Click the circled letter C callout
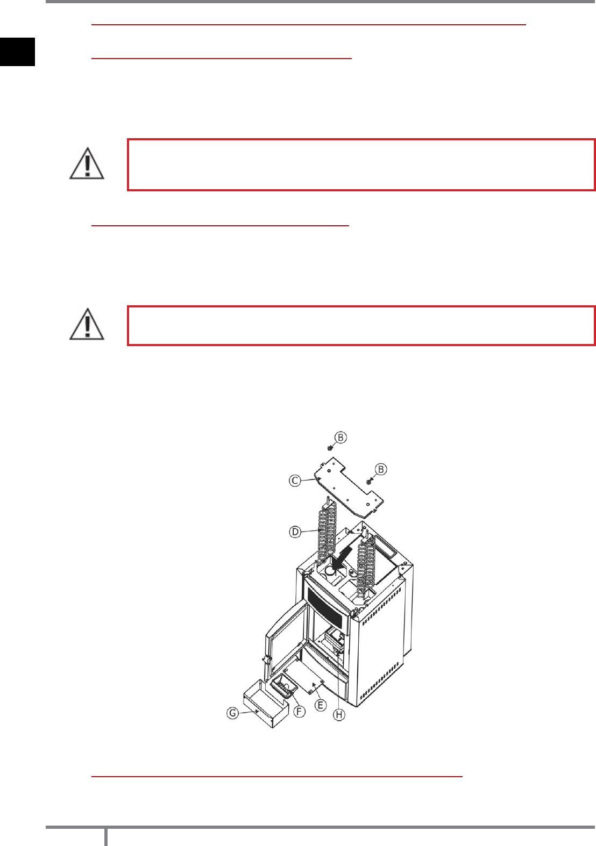pyautogui.click(x=295, y=481)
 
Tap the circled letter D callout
pyautogui.click(x=295, y=532)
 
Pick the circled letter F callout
pyautogui.click(x=299, y=712)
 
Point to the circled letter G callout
pyautogui.click(x=232, y=713)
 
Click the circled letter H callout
pyautogui.click(x=339, y=714)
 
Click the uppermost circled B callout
pyautogui.click(x=340, y=438)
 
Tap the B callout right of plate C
pyautogui.click(x=381, y=469)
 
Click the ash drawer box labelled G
pyautogui.click(x=266, y=703)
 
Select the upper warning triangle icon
pyautogui.click(x=87, y=163)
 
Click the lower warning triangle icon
pyautogui.click(x=87, y=324)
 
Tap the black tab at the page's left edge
pyautogui.click(x=17, y=52)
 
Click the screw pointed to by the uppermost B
pyautogui.click(x=330, y=448)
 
